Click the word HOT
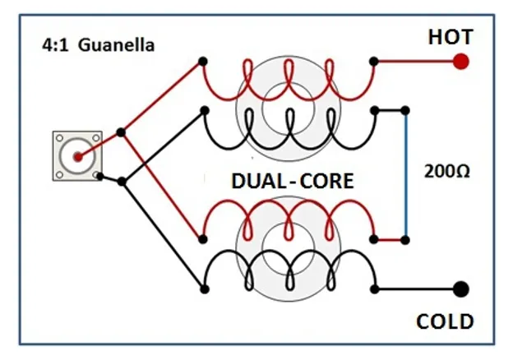[x=449, y=37]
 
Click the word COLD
[x=445, y=320]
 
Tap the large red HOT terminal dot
[x=461, y=61]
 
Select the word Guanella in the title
[x=117, y=45]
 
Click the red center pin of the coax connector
[x=77, y=156]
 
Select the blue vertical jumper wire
[x=405, y=174]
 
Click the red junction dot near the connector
[x=121, y=132]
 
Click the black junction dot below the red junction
[x=122, y=181]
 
